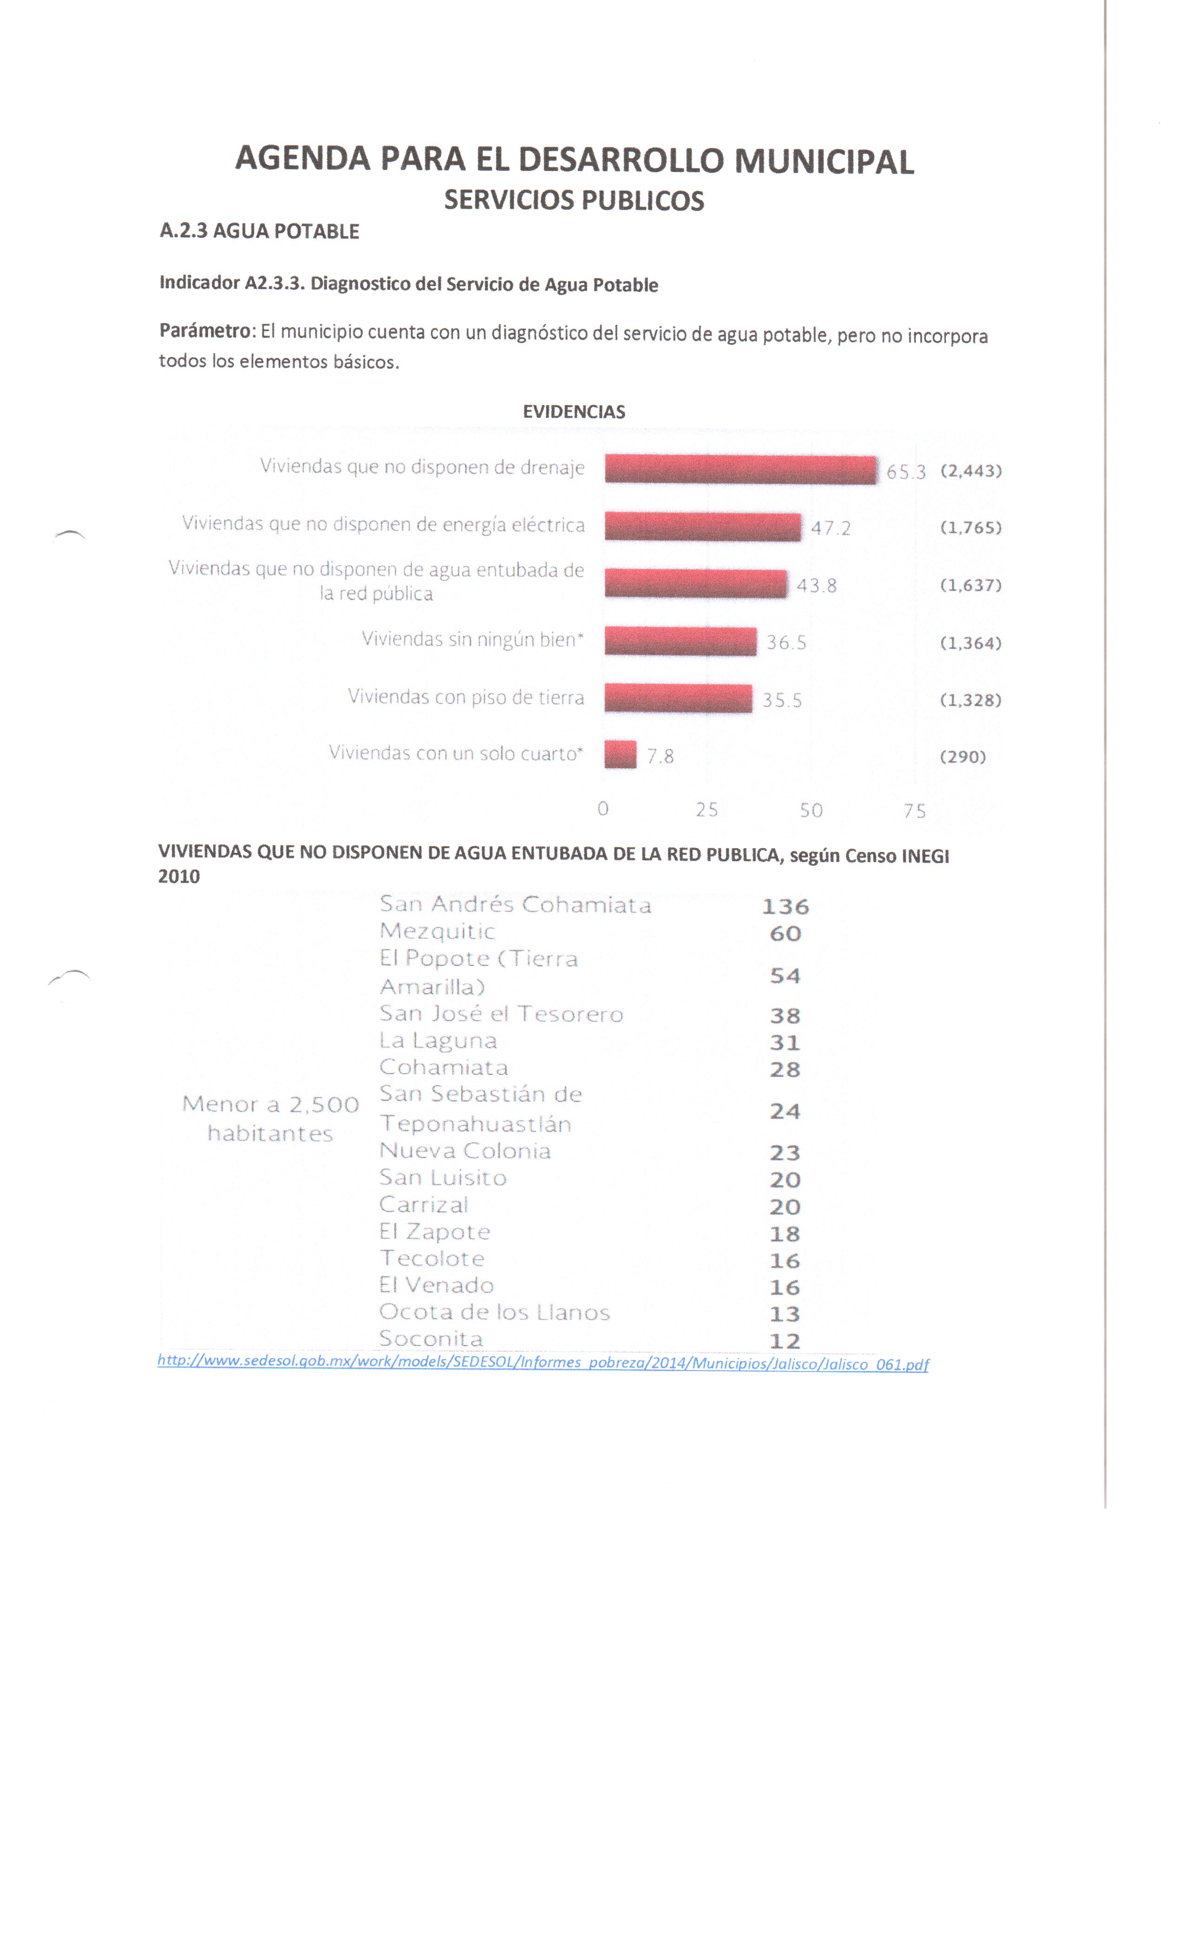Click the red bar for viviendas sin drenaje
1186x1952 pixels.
[x=739, y=469]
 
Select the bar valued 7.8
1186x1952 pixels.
[x=619, y=754]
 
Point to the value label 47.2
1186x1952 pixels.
[x=830, y=528]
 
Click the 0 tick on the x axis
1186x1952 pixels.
[x=603, y=809]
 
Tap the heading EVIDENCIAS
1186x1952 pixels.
[x=573, y=412]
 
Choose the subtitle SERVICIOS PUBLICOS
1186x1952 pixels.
[x=573, y=200]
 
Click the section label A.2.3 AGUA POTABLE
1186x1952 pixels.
[x=259, y=231]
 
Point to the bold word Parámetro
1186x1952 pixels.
[x=204, y=331]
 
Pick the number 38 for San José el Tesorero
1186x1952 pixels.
[x=784, y=1016]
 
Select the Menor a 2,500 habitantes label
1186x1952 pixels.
[x=270, y=1118]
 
